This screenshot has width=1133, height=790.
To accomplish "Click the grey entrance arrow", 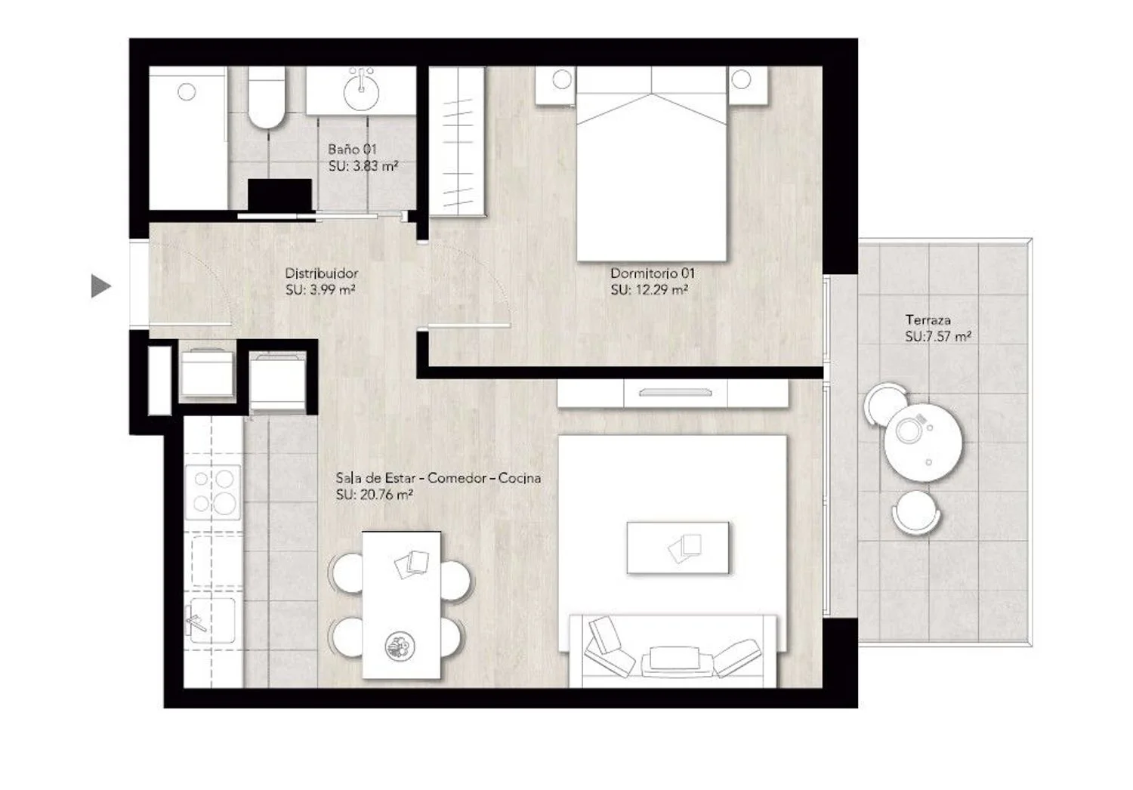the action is coord(100,286).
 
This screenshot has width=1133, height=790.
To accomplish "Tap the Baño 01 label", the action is coord(353,150).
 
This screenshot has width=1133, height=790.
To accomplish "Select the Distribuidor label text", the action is coord(322,273).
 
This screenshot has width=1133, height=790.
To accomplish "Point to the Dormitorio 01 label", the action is coord(653,273).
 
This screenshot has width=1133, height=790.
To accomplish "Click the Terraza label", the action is coord(928,320).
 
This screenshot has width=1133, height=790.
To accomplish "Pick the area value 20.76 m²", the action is coord(386,495).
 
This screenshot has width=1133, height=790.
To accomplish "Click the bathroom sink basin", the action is coord(361,93).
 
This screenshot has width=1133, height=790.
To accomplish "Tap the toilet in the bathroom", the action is coord(267,97).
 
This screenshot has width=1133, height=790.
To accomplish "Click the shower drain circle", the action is coord(187,91).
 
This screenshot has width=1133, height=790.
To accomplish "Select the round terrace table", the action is coord(923,441).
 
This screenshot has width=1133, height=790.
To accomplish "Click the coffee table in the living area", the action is coord(678,548).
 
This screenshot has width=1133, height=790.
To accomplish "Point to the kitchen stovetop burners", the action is coord(213,492).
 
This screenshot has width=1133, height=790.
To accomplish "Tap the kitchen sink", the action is coord(212,621).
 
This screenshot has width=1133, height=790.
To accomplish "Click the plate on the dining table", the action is coord(400,647).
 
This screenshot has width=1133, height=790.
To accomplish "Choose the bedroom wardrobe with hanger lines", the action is coord(457,142).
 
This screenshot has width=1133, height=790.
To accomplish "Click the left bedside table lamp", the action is coord(562,79).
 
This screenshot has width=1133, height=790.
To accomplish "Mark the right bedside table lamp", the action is coord(741,79).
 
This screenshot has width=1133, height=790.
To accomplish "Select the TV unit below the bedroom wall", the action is coord(673,393).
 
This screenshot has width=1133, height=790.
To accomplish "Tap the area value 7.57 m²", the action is coord(949,337).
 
